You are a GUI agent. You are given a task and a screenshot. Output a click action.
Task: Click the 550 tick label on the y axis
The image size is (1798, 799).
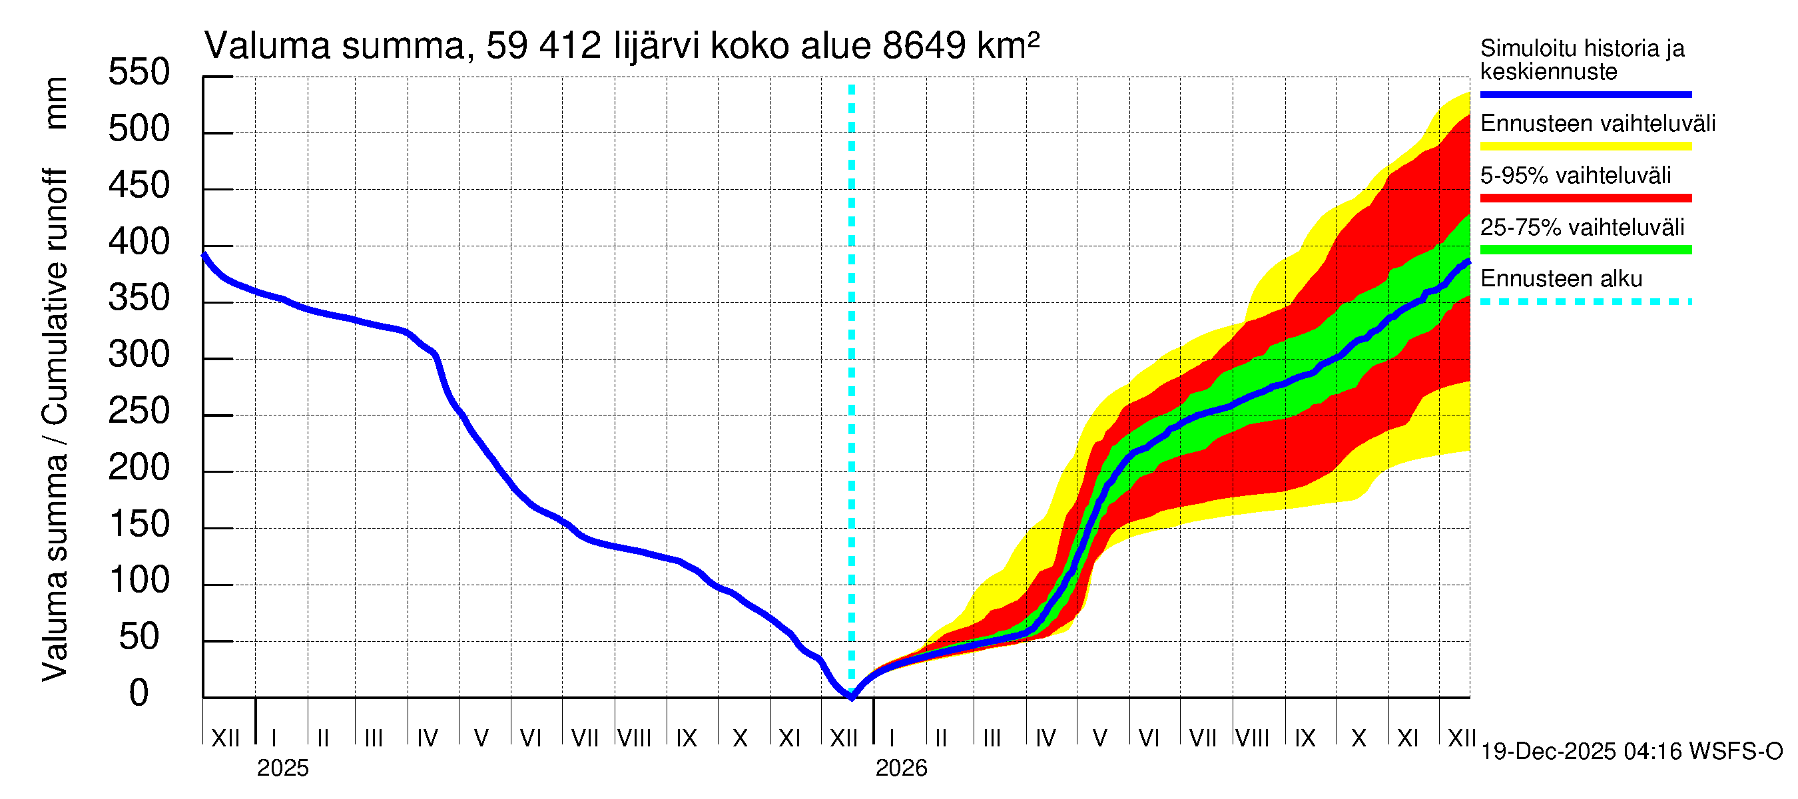pos(139,73)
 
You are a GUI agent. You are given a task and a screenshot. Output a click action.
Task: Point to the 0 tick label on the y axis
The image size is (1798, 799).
pos(139,693)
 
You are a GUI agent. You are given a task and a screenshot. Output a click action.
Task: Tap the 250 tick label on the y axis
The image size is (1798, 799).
pos(139,411)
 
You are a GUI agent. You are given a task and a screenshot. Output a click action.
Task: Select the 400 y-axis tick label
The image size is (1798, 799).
pos(139,242)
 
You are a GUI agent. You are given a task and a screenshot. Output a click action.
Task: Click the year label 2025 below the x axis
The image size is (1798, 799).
pos(282,768)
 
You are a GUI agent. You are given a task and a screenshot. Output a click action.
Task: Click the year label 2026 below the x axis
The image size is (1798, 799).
pos(901,768)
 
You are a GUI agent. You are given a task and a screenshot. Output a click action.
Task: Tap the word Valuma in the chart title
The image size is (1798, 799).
pos(267,47)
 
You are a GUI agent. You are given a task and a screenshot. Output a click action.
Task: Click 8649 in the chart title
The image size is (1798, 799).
pos(924,47)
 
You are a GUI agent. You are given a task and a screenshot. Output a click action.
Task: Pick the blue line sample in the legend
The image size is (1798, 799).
pos(1585,94)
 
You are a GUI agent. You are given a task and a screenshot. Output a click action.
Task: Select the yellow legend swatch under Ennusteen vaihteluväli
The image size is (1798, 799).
pos(1585,146)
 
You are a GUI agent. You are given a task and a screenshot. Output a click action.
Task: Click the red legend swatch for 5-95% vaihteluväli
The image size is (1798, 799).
pos(1585,198)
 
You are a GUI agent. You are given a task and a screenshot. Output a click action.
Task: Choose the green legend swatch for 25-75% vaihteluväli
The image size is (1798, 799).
pos(1585,250)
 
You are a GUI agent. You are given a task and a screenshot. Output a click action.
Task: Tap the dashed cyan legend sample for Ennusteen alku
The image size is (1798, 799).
pos(1585,302)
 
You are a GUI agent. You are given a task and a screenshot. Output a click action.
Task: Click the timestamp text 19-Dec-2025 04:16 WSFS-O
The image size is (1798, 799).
pos(1631,752)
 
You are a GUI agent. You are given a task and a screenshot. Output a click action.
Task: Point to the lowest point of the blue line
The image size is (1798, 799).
pos(852,696)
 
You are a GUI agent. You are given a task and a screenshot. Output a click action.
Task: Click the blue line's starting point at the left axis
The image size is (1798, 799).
pos(204,256)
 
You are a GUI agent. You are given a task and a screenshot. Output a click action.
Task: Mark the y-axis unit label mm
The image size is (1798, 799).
pos(56,103)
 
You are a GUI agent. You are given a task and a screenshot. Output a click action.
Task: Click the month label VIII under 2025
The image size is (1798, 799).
pos(635,738)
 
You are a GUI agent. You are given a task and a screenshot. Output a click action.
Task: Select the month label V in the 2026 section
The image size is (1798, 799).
pos(1099,738)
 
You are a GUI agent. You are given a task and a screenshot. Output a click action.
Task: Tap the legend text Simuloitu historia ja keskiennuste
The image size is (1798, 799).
pos(1582,60)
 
